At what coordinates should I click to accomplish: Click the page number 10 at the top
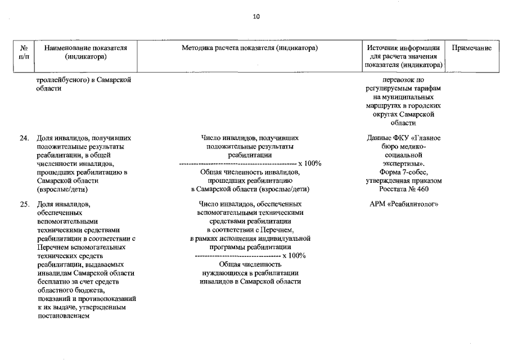pyautogui.click(x=256, y=17)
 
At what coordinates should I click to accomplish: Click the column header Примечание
pyautogui.click(x=472, y=48)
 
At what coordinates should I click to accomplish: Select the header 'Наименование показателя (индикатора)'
pyautogui.click(x=85, y=52)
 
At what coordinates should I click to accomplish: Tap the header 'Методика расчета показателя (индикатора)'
pyautogui.click(x=250, y=48)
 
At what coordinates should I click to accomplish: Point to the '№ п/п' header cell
pyautogui.click(x=24, y=52)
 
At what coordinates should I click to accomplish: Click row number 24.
pyautogui.click(x=24, y=138)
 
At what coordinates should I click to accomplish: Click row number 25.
pyautogui.click(x=24, y=204)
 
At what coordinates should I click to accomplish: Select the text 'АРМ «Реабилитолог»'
pyautogui.click(x=403, y=204)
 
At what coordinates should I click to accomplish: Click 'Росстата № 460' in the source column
pyautogui.click(x=403, y=189)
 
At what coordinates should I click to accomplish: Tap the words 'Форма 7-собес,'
pyautogui.click(x=403, y=172)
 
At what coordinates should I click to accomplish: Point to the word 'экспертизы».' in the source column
pyautogui.click(x=403, y=164)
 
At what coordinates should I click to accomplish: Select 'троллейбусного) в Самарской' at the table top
pyautogui.click(x=84, y=80)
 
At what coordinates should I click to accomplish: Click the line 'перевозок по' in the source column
pyautogui.click(x=403, y=80)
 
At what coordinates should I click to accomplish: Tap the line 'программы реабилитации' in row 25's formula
pyautogui.click(x=250, y=246)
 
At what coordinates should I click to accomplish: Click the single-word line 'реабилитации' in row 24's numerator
pyautogui.click(x=250, y=155)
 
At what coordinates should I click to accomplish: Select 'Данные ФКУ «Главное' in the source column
pyautogui.click(x=403, y=138)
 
